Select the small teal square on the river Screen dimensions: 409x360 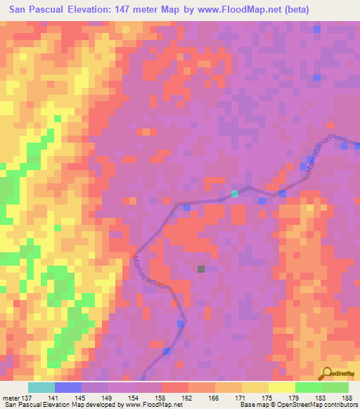[x=235, y=193]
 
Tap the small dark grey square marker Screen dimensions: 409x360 [x=201, y=268]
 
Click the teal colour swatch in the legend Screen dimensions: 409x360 [x=41, y=387]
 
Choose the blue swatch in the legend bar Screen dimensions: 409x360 [x=68, y=387]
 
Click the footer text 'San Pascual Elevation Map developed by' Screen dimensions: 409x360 [x=60, y=404]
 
